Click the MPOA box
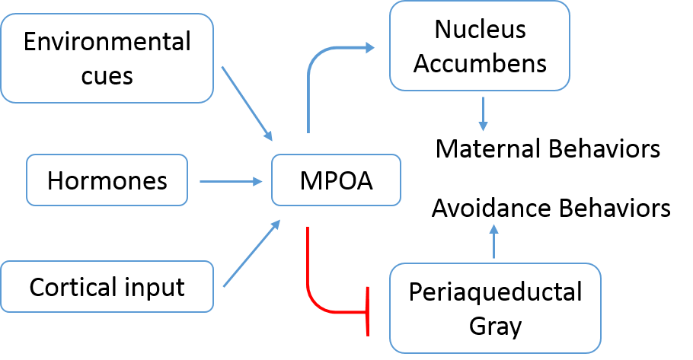[335, 182]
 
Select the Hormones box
[107, 180]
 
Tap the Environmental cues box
[107, 58]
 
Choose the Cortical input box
[107, 287]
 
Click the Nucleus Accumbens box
[480, 46]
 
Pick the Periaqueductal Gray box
[494, 308]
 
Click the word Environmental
[107, 41]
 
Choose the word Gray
[494, 326]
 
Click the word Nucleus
[480, 29]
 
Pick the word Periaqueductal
[494, 292]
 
